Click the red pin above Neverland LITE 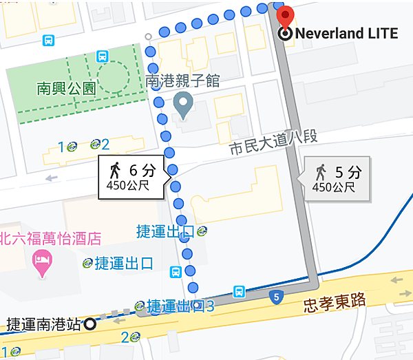[284, 15]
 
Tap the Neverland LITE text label [346, 33]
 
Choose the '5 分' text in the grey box [348, 171]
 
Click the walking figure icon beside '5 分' [321, 171]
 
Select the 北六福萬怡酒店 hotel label [51, 239]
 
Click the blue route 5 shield [276, 297]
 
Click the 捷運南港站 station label [43, 324]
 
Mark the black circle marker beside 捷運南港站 [89, 324]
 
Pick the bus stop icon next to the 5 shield [240, 291]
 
